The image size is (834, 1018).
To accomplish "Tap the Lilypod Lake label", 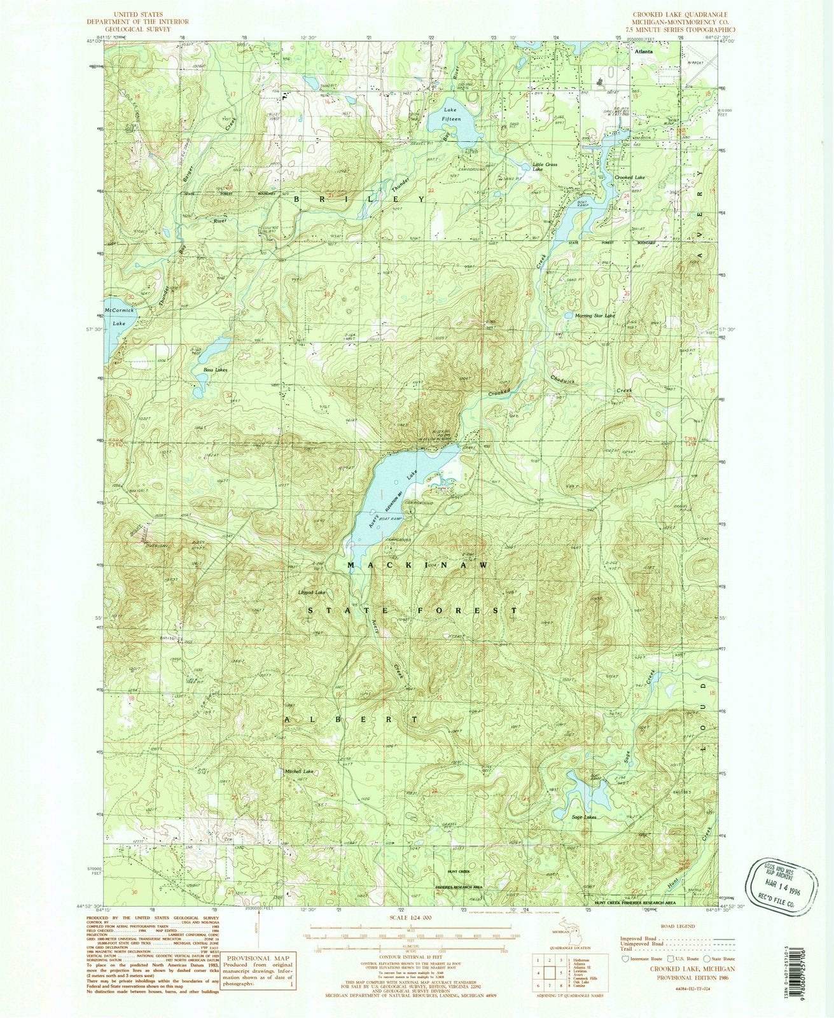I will [x=312, y=593].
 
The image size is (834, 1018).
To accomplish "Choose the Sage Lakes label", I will [x=584, y=817].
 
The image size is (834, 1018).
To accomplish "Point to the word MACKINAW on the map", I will [x=418, y=564].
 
